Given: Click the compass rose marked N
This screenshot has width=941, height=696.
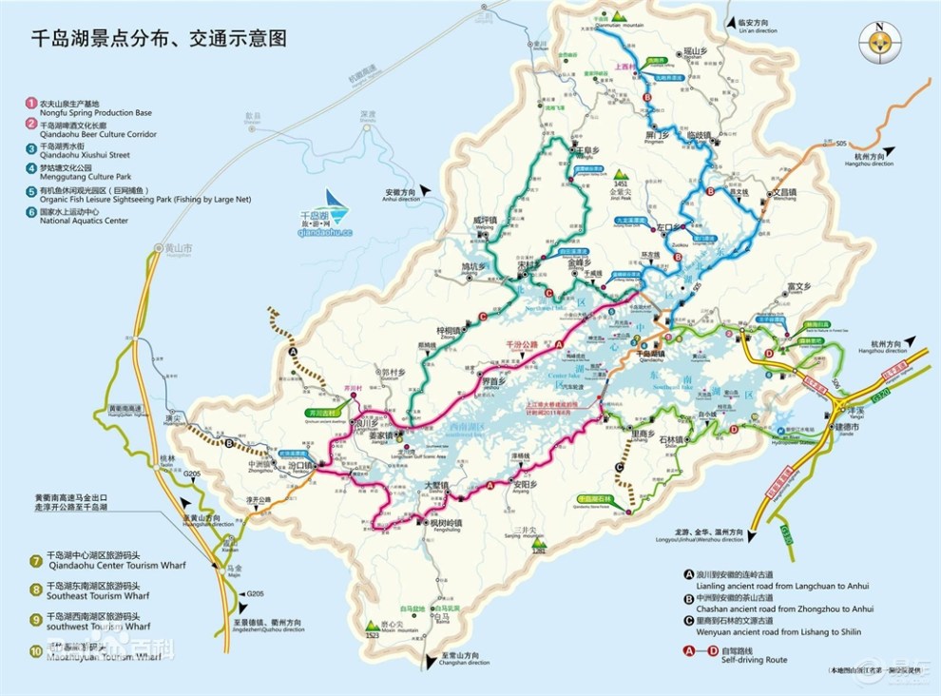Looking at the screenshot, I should click(879, 40).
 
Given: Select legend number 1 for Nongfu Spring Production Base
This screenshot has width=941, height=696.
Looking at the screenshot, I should click(31, 103).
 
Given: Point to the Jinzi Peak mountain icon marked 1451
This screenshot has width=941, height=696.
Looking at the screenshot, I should click(621, 173).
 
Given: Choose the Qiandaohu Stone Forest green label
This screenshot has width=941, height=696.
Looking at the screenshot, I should click(593, 499).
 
